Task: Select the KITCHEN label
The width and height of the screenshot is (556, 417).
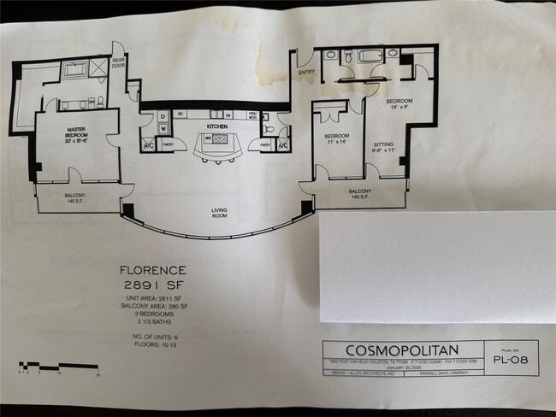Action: point(216,126)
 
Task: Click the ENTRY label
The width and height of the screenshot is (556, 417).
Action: point(306,73)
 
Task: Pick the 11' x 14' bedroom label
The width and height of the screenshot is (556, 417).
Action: point(336,140)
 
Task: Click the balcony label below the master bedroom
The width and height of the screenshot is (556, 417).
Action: point(74,197)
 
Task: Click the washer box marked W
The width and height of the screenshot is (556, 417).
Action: point(163,130)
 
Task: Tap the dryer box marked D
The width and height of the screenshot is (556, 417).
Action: point(163,116)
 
